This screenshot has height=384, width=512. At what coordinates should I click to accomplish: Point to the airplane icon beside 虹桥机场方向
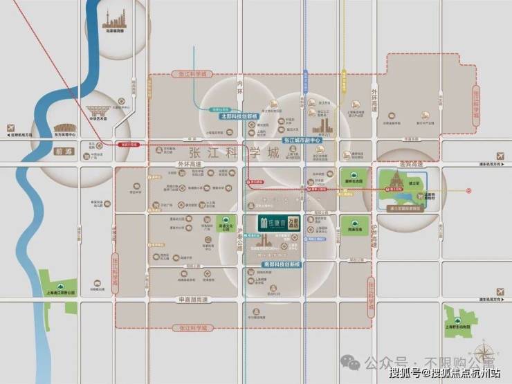(10, 128)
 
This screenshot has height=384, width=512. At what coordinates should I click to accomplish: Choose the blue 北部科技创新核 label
(239, 116)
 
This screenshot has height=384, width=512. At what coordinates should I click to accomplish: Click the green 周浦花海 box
(354, 226)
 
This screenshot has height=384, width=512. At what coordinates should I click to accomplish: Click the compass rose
(486, 345)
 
